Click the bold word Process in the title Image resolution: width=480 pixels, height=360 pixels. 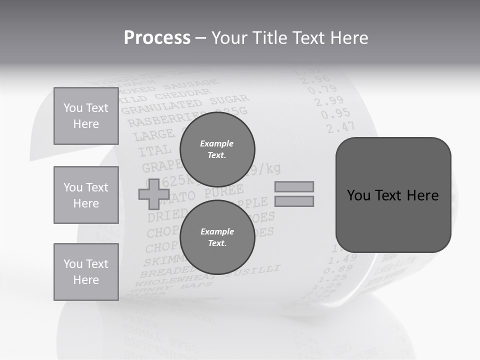157,38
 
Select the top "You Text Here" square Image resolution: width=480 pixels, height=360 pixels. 86,116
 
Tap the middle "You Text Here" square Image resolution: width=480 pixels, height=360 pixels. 86,195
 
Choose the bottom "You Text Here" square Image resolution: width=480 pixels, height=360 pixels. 86,272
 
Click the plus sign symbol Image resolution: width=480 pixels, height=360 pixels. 153,194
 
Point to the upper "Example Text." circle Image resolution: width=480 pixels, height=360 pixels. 217,149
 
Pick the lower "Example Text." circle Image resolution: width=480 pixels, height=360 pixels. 217,237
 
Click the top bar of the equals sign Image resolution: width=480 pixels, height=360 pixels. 294,186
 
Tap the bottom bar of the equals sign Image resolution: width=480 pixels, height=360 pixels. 294,201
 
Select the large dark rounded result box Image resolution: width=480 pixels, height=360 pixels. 393,195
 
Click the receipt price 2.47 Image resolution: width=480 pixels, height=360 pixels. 340,127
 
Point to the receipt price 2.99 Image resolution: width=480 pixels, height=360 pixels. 329,102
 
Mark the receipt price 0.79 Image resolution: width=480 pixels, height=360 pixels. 322,90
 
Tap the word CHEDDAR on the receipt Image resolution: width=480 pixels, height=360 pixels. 189,94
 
